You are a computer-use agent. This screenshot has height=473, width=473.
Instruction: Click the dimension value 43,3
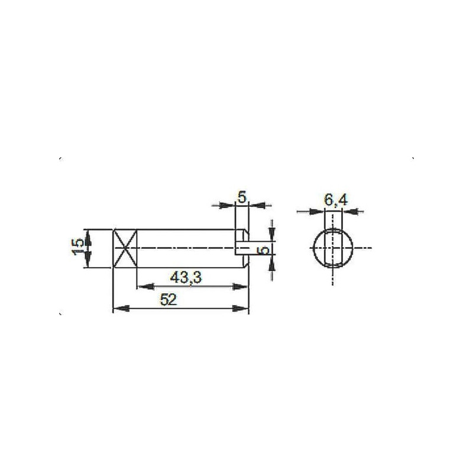click(186, 277)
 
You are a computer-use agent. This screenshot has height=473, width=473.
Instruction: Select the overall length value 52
click(169, 300)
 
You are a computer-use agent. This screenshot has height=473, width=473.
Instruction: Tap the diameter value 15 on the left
click(78, 247)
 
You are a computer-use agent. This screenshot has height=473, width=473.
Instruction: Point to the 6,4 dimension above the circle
click(336, 200)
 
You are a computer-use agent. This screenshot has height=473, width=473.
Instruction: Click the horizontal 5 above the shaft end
click(242, 197)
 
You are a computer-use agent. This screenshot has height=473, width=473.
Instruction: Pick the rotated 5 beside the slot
click(264, 250)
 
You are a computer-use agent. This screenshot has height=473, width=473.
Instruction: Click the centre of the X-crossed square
click(125, 248)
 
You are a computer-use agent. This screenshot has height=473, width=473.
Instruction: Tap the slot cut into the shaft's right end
click(242, 248)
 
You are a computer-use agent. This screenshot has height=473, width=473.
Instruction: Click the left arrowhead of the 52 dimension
click(121, 308)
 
